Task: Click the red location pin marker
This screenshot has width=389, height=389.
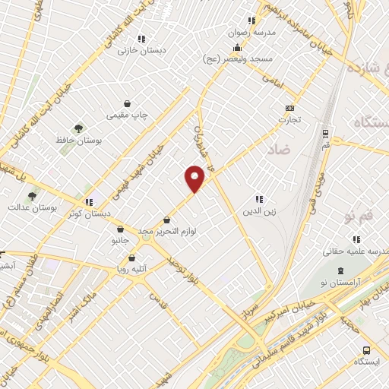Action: (195, 177)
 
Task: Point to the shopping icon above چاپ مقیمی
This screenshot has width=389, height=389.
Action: (127, 103)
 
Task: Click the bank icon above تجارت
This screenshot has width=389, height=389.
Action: (289, 108)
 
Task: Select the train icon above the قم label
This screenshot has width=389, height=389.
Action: (326, 131)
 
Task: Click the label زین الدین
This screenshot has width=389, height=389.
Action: (258, 211)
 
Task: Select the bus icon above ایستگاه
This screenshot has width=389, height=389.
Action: (366, 350)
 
